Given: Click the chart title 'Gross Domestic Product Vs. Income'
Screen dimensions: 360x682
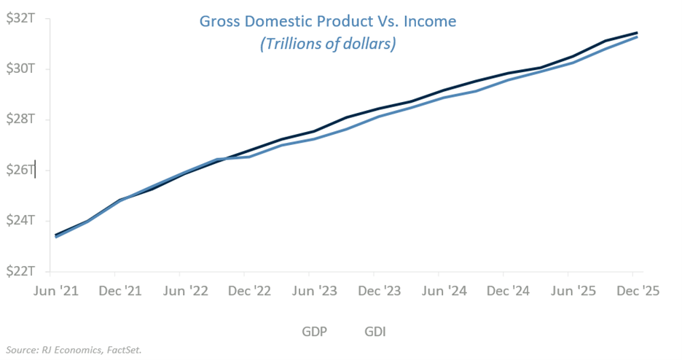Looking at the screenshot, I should (x=327, y=21).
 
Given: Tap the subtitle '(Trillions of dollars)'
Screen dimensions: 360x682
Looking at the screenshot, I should (x=327, y=44).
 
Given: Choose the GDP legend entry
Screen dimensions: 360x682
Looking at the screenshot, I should (x=315, y=332).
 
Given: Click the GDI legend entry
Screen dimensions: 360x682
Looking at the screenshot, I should (x=375, y=332).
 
